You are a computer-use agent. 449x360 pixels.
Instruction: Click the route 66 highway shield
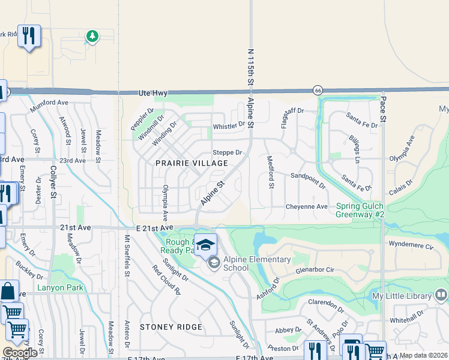318,90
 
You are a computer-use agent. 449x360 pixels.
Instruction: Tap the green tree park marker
92,37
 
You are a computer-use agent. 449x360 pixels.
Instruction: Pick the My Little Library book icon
441,295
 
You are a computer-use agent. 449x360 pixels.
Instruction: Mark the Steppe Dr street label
228,153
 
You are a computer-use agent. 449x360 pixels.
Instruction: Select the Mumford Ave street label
49,103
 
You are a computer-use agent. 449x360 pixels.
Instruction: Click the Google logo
19,353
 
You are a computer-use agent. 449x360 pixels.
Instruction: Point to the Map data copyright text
423,355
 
